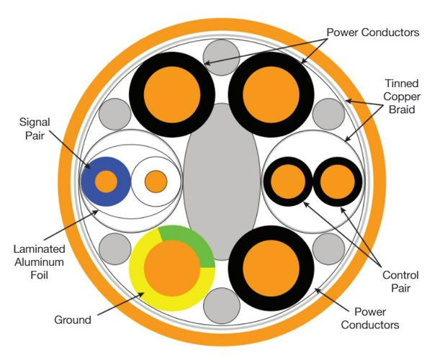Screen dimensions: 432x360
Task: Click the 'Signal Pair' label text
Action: pos(35,129)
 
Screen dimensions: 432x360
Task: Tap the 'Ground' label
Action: pos(73,320)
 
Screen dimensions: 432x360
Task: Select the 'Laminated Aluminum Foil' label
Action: pos(40,261)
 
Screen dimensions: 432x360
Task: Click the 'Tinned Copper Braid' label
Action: pos(402,96)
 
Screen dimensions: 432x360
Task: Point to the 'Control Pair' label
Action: pos(400,282)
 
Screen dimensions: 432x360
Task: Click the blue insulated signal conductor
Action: pos(106,181)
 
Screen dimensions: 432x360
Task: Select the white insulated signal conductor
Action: pos(156,181)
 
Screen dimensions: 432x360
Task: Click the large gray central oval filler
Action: pos(222,181)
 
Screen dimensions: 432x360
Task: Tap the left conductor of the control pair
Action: pos(288,181)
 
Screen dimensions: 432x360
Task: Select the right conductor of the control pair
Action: pos(338,181)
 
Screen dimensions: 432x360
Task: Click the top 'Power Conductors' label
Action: pos(373,32)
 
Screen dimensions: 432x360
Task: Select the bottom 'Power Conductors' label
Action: pos(370,318)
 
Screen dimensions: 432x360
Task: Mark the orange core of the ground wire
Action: pos(172,269)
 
